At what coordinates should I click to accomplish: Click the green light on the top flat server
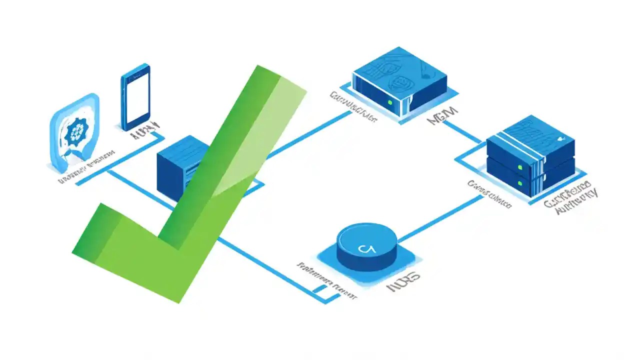[389, 102]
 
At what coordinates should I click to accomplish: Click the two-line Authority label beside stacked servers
[570, 200]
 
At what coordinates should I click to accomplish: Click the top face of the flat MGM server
[400, 70]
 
